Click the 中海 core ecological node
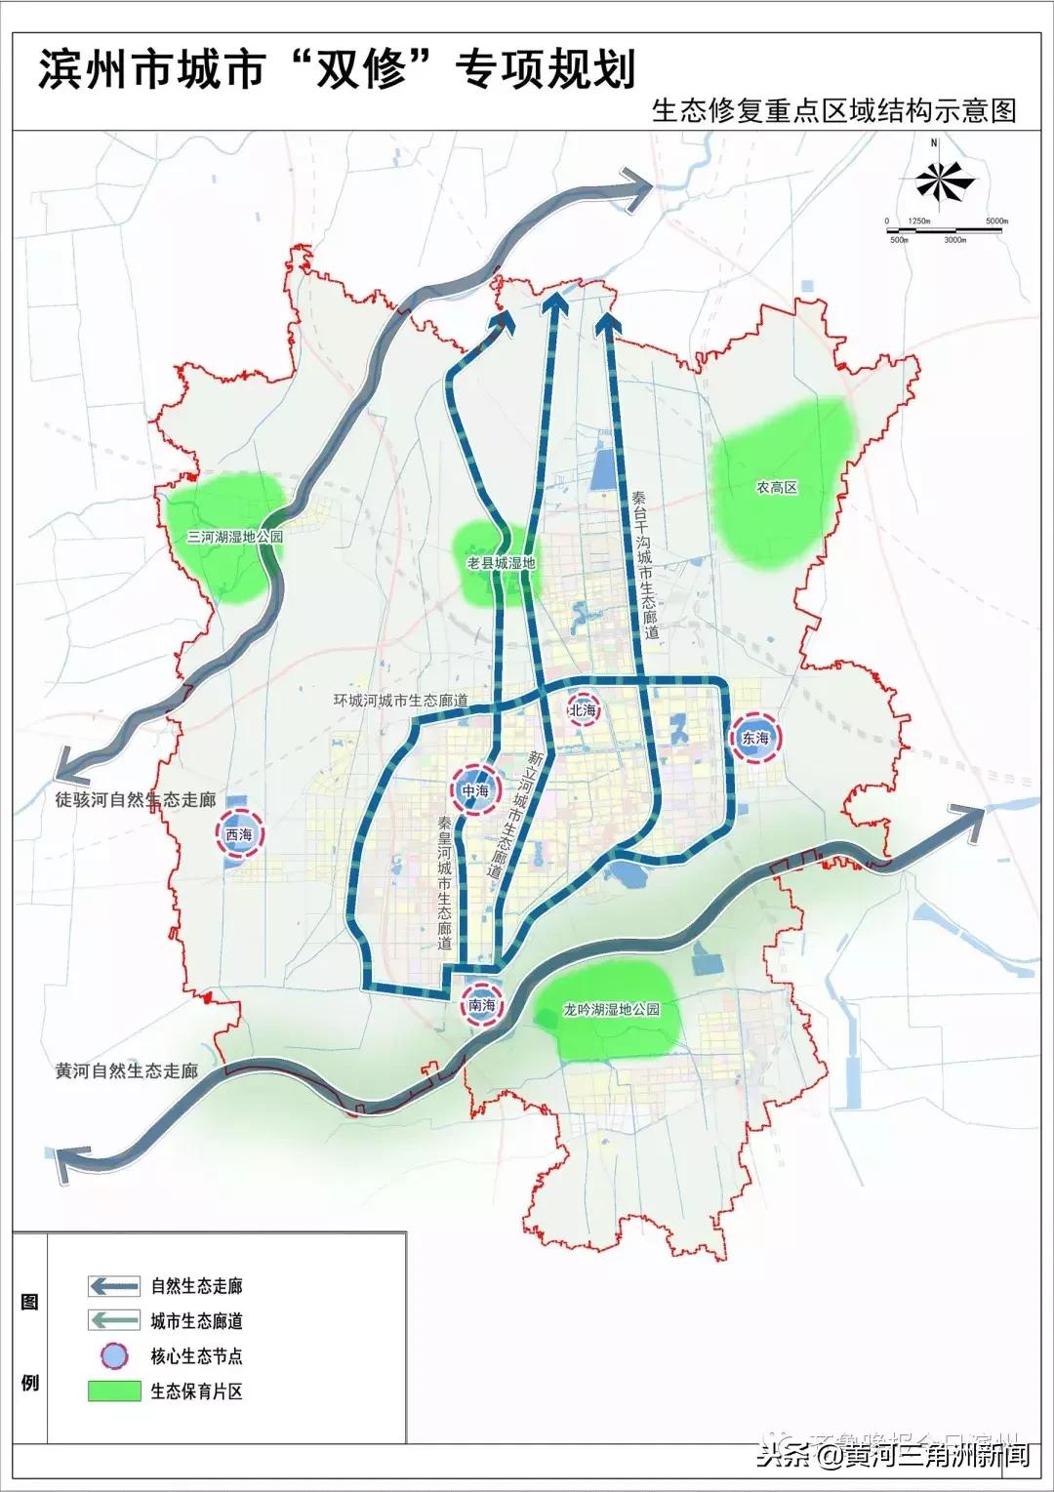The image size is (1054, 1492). (475, 790)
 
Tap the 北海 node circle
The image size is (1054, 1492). (583, 711)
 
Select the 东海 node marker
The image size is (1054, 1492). (755, 739)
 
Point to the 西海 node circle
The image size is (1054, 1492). (239, 835)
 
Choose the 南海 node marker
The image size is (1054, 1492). (482, 1005)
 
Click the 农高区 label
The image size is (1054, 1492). (777, 486)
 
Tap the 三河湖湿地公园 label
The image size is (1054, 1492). (235, 536)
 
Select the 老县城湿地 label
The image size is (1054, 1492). (501, 562)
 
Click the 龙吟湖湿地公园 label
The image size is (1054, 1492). (612, 1009)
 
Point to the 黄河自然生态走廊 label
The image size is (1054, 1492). (127, 1070)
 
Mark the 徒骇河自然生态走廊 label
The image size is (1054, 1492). (135, 799)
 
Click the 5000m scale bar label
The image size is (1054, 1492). (995, 222)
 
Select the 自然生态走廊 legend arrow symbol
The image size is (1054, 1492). (114, 1285)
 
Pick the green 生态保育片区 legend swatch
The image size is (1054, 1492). (114, 1391)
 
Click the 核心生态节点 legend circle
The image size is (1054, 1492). (114, 1354)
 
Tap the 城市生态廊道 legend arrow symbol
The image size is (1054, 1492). (114, 1320)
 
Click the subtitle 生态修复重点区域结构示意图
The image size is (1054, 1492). (834, 110)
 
